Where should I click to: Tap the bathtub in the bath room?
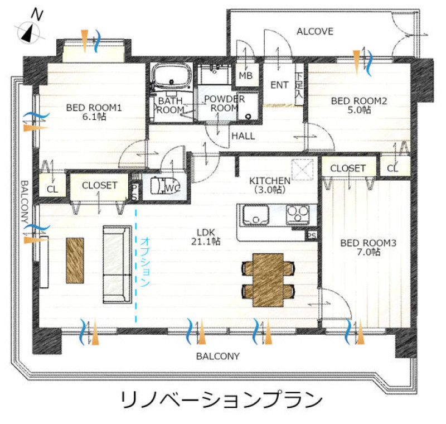[171, 75]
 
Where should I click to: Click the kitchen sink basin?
[255, 215]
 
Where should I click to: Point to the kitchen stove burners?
[298, 213]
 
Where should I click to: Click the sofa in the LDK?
[117, 264]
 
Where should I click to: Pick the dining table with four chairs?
[268, 280]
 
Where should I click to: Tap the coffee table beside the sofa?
[75, 261]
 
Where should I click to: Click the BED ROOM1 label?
[94, 112]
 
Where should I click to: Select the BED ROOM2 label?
[359, 105]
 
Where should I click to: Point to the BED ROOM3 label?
[369, 247]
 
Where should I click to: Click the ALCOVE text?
[315, 31]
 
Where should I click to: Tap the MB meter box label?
[245, 75]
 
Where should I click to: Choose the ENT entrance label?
[279, 85]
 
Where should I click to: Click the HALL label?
[243, 136]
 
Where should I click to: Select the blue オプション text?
[145, 262]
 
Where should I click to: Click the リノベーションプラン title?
[222, 400]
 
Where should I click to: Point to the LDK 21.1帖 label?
[206, 237]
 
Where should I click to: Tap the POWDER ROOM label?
[225, 104]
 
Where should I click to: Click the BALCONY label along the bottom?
[218, 356]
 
